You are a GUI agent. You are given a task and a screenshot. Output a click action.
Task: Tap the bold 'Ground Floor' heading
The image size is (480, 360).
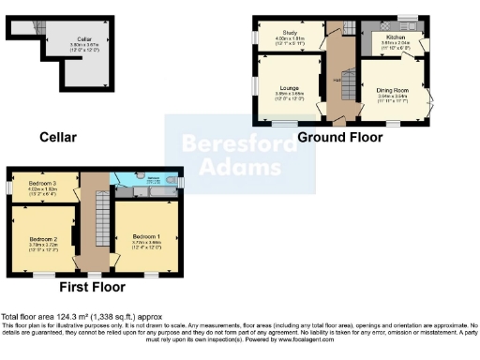tap(339, 137)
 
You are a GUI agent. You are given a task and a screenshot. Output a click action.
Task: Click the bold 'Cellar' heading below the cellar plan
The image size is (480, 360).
tap(57, 137)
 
